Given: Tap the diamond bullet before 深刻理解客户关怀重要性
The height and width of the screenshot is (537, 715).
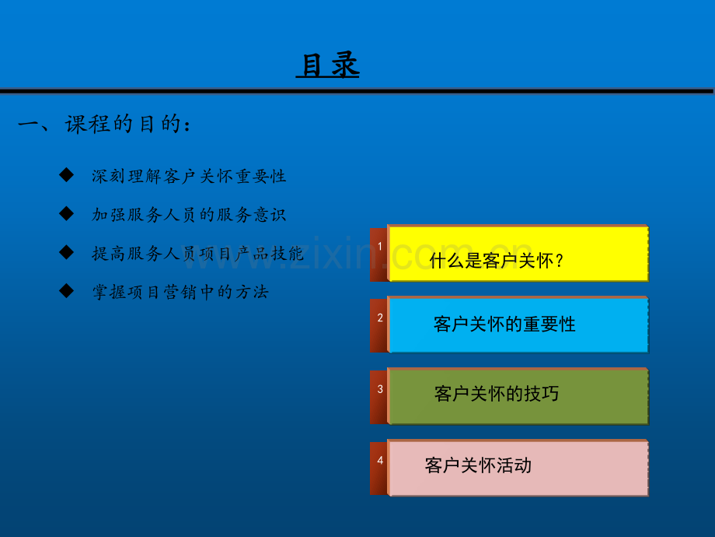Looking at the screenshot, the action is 67,174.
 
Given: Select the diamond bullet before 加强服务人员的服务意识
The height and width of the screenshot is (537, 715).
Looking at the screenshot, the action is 67,213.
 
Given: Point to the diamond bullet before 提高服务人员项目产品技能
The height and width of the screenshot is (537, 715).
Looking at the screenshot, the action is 67,252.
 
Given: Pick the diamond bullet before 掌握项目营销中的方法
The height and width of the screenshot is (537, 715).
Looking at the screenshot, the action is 67,291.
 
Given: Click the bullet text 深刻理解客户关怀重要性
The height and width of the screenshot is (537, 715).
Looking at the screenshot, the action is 189,176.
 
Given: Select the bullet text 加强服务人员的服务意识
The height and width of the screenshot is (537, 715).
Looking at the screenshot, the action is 189,215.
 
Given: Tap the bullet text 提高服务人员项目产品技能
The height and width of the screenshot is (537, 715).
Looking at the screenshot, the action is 198,254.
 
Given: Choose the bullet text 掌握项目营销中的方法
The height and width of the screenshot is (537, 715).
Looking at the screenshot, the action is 180,292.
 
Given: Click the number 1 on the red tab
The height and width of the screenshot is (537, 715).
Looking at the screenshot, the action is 380,247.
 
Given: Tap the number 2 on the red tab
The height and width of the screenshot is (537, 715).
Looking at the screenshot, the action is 380,318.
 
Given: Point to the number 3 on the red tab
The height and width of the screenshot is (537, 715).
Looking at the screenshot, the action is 380,389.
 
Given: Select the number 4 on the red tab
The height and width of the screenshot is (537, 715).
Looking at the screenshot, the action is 380,460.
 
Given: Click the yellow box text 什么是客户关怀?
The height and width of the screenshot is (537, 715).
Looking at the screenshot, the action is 497,261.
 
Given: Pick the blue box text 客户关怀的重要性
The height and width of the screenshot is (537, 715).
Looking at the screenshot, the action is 504,325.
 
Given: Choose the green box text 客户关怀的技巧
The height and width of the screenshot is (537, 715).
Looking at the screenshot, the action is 497,394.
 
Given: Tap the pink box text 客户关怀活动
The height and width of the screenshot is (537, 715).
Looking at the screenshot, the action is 478,465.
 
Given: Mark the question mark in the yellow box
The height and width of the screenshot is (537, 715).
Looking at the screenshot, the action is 560,261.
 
